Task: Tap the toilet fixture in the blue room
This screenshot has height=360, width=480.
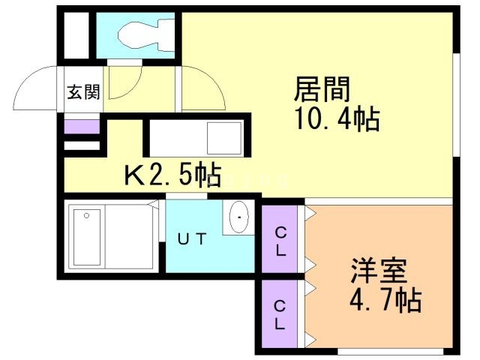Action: (147, 34)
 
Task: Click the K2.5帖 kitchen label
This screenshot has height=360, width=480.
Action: (172, 176)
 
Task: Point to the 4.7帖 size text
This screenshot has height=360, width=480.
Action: (384, 301)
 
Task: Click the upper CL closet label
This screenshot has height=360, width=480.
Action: (280, 241)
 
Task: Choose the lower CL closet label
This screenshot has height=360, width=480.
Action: (280, 315)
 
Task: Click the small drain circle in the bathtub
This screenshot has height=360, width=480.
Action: (88, 216)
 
